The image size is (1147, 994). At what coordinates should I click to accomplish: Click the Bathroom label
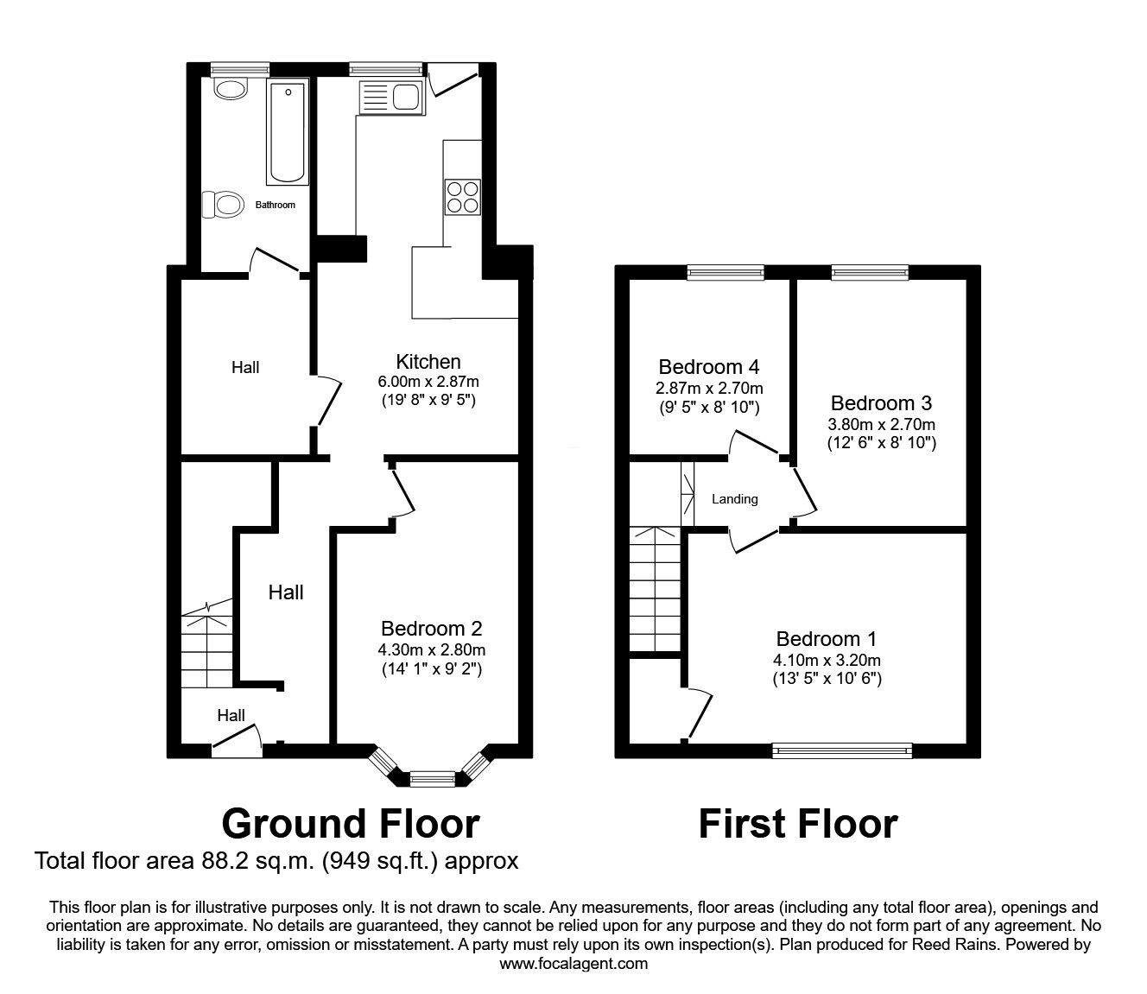tap(275, 205)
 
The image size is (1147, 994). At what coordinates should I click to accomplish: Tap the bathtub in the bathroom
tap(288, 131)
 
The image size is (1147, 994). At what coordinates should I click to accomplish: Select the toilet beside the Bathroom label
tap(222, 204)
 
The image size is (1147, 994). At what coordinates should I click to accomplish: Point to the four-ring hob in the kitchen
tap(463, 197)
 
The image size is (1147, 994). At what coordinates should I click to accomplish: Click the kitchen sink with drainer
tap(390, 97)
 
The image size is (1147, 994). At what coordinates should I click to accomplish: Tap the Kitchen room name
tap(428, 362)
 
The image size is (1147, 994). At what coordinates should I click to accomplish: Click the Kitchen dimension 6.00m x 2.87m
tap(428, 382)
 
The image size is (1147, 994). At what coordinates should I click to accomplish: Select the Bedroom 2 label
tap(431, 628)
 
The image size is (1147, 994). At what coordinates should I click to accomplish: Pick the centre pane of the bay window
tap(432, 778)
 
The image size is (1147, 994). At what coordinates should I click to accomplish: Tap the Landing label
tap(735, 499)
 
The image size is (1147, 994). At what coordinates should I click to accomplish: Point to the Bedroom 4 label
tap(708, 367)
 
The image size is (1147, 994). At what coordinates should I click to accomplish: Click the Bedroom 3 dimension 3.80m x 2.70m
tap(881, 425)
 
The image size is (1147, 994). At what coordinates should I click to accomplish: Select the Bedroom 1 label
tap(827, 639)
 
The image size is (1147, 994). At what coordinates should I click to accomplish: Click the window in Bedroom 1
tap(842, 750)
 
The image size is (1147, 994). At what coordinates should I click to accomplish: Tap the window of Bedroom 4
tap(726, 272)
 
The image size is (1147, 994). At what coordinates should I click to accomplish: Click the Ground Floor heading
tap(351, 824)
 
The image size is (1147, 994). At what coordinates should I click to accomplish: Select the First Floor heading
tap(798, 824)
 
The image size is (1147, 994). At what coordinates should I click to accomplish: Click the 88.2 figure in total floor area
tap(224, 861)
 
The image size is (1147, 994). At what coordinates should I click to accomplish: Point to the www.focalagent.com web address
tap(573, 964)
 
